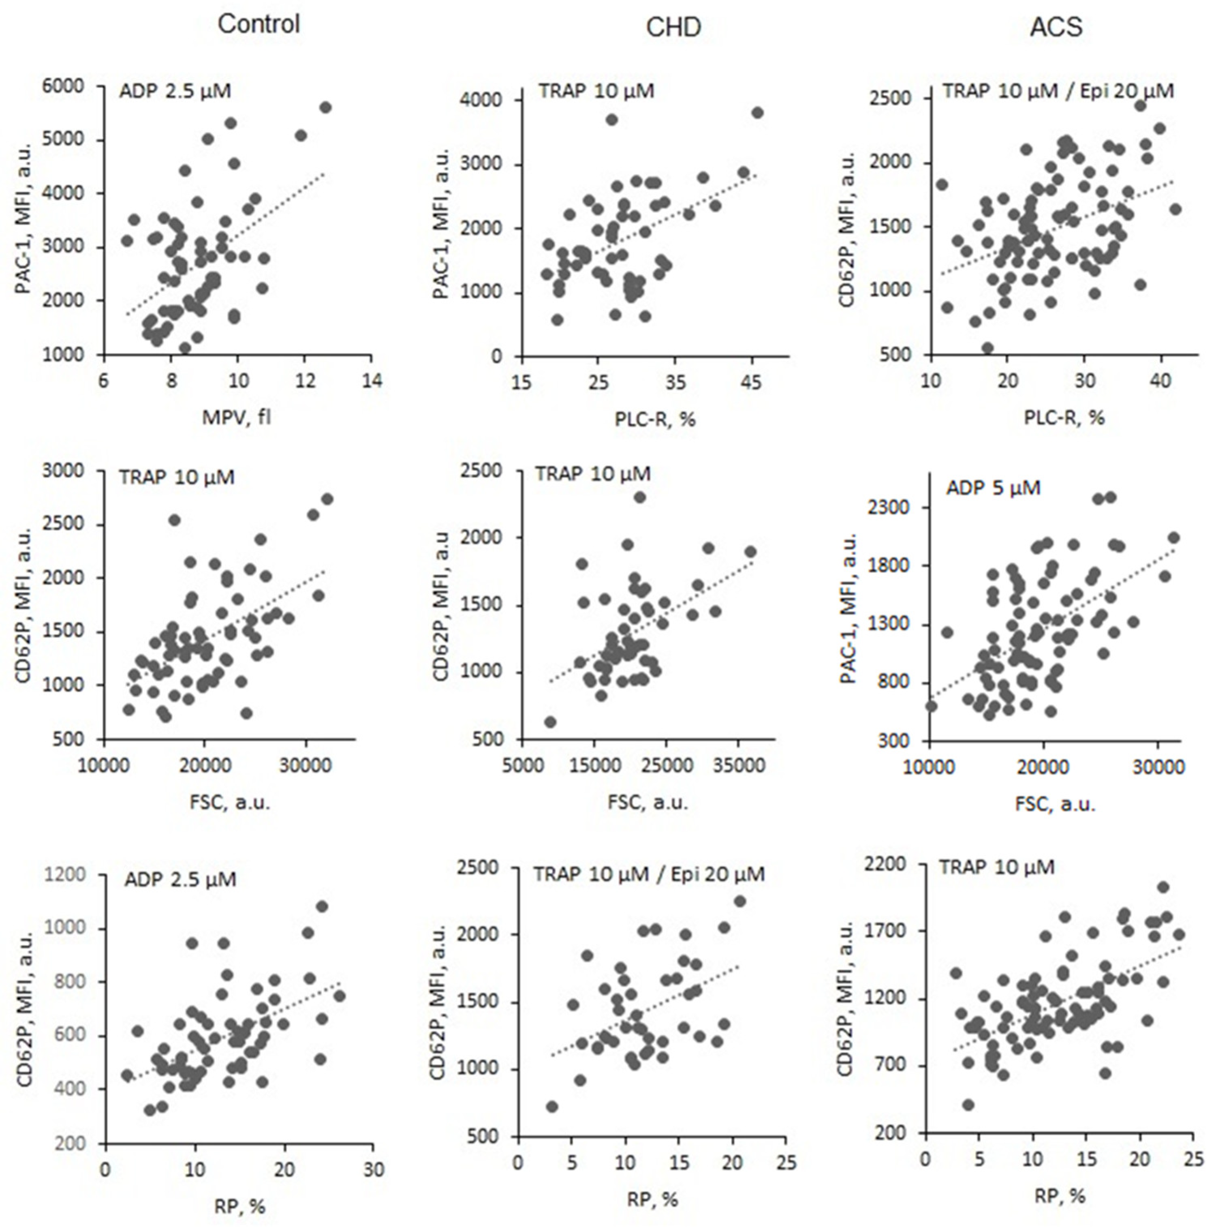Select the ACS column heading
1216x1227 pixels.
click(1056, 27)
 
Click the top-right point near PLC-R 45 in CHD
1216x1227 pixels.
click(757, 112)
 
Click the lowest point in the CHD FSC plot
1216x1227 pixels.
click(551, 722)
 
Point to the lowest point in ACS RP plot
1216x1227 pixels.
click(968, 1105)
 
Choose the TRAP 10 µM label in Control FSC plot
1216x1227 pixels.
click(177, 477)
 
